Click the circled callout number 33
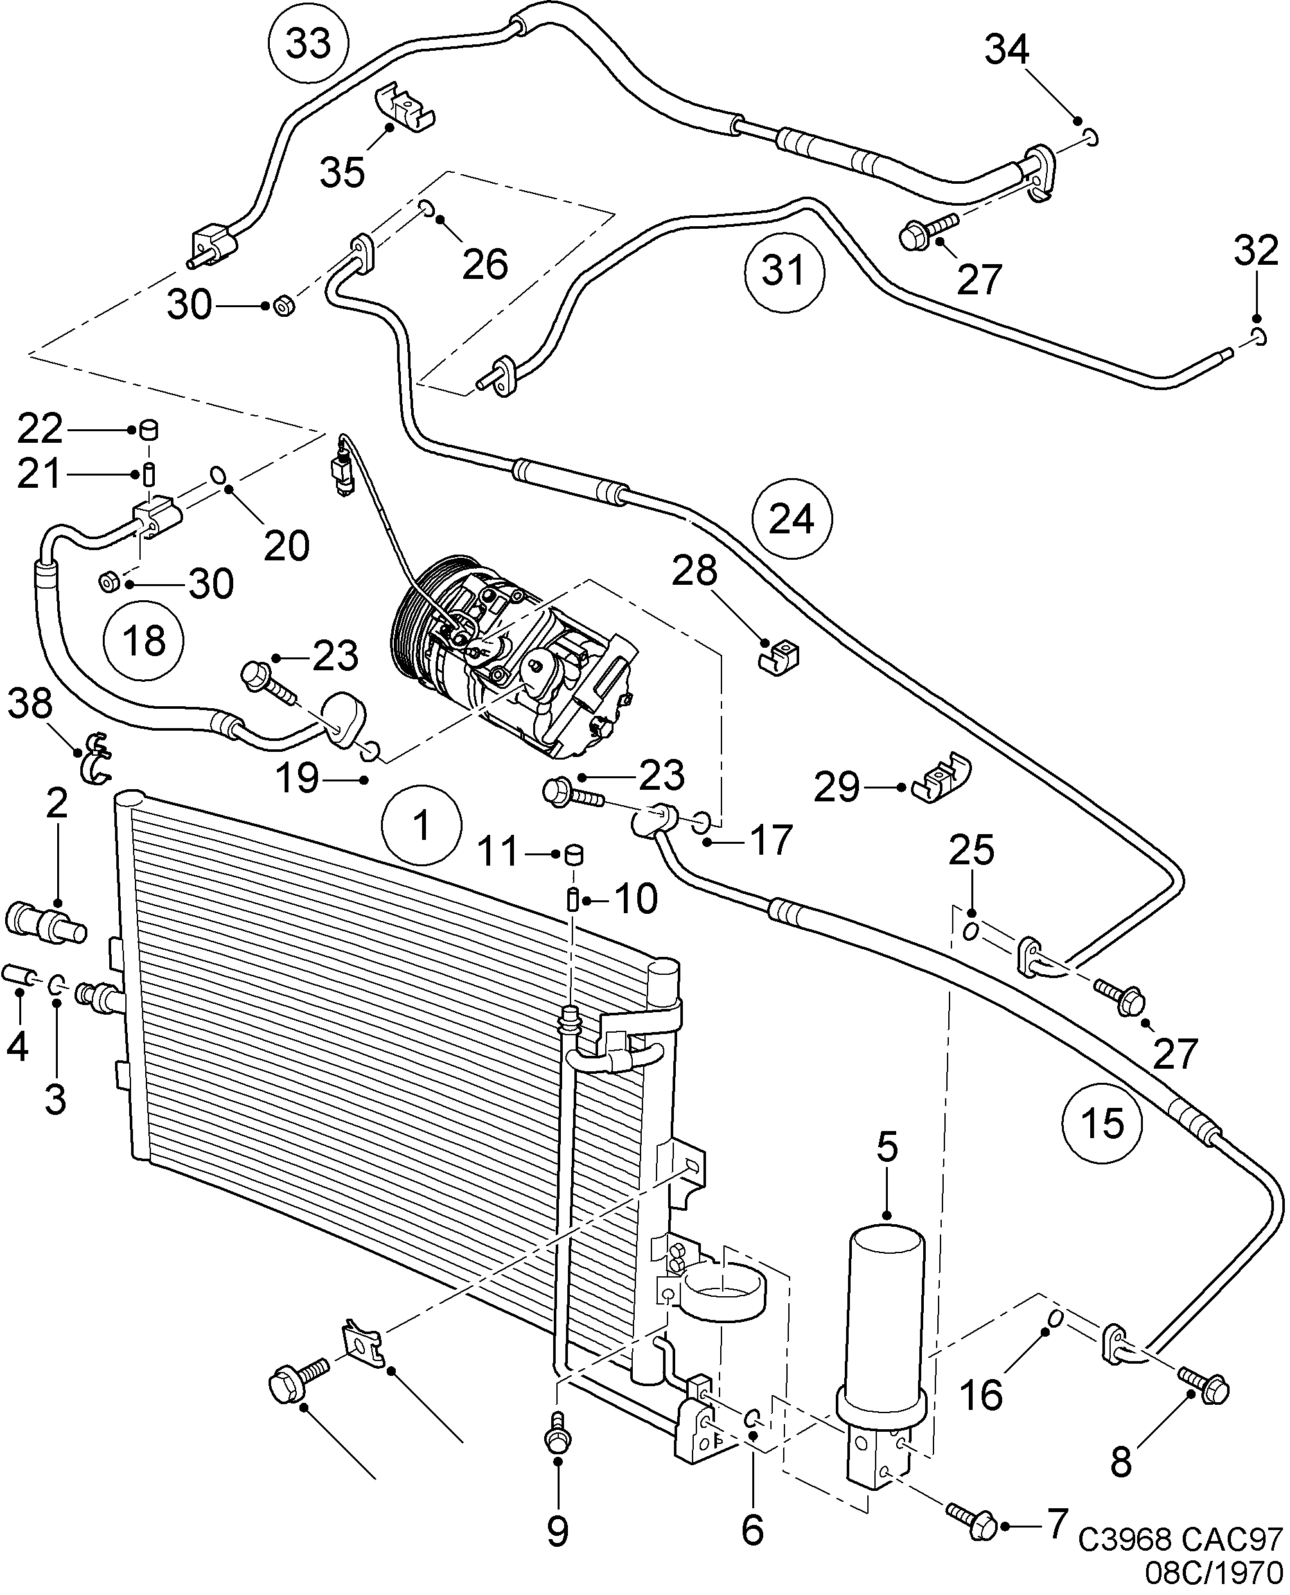coord(308,44)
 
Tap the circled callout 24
coord(791,519)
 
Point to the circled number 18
coord(144,640)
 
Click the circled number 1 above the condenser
coord(421,826)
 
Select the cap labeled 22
coord(150,429)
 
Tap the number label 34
coord(1007,51)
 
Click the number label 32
coord(1257,251)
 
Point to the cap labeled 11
coord(573,855)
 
